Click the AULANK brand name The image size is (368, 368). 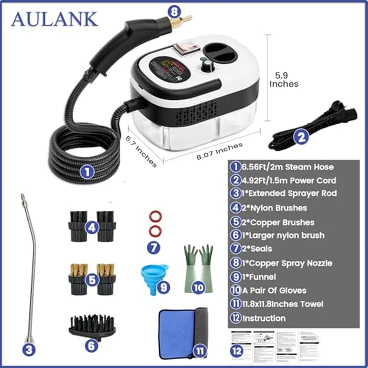tap(54, 19)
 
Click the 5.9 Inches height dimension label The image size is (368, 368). tap(283, 79)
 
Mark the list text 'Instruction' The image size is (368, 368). tap(264, 318)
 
